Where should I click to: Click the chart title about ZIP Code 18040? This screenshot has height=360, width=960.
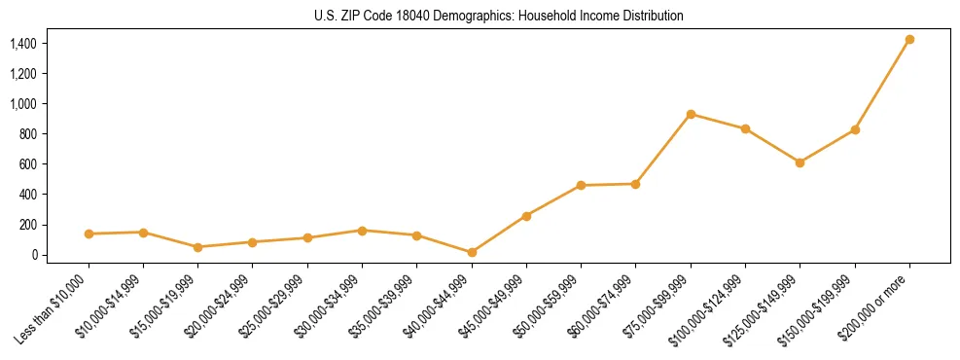[499, 17]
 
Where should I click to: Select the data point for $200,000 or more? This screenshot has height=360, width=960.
[909, 40]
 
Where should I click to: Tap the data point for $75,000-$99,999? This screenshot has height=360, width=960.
[691, 114]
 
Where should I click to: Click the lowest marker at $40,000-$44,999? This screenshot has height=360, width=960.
[472, 252]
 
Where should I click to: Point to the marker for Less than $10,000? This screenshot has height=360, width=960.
[89, 234]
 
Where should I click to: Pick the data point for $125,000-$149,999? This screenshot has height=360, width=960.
[800, 162]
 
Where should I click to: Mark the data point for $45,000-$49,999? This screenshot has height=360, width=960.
[526, 216]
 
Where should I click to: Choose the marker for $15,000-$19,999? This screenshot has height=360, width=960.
[198, 247]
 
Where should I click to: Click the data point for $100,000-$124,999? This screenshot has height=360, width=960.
[745, 128]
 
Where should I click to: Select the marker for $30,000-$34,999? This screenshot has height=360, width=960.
[362, 231]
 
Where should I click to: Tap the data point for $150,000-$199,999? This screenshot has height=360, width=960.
[855, 129]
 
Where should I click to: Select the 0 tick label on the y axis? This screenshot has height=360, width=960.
[34, 255]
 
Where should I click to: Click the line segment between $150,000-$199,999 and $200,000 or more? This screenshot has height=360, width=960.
[882, 85]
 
